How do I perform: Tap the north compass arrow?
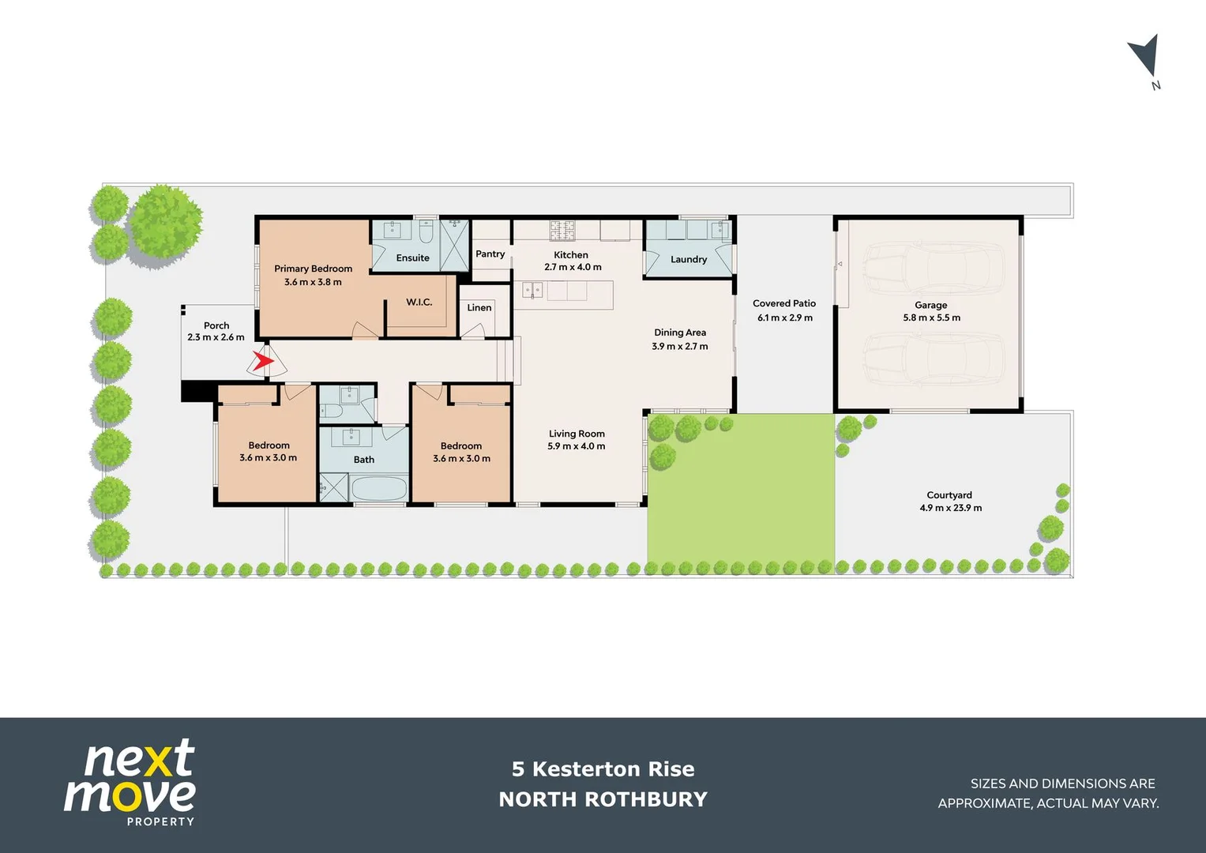pos(1144,57)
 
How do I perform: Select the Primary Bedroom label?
pos(313,269)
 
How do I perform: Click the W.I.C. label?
pos(419,302)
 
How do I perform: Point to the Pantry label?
pos(490,254)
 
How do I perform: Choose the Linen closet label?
pos(479,307)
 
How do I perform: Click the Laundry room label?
pos(688,259)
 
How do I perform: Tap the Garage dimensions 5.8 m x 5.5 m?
pos(931,318)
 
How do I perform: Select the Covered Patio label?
pos(783,303)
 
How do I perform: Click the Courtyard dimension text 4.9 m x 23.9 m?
pos(950,508)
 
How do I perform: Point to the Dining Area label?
pos(679,333)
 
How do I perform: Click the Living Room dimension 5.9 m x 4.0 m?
pos(576,446)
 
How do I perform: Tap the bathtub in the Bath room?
pos(379,488)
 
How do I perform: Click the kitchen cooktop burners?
pos(562,230)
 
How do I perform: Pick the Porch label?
pos(216,325)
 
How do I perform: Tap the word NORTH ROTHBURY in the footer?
pos(603,799)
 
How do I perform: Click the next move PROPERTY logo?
pos(130,782)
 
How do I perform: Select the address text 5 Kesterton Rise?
pos(603,768)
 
